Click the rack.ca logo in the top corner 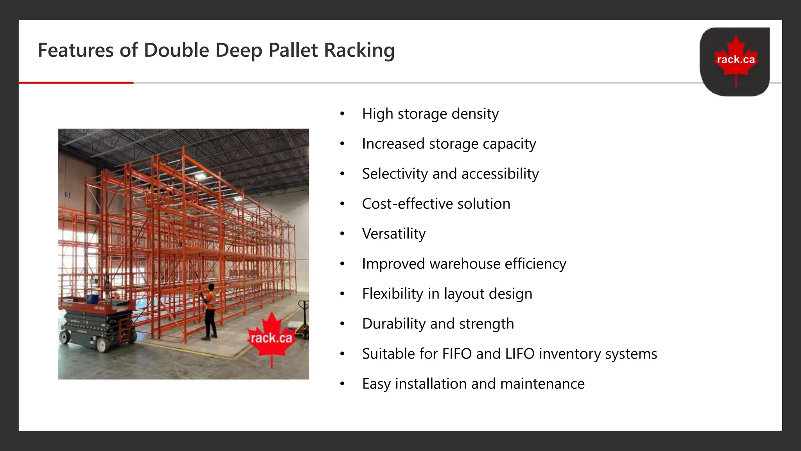pos(735,61)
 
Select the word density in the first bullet pos(475,114)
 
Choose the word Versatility pos(393,234)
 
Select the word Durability pos(394,324)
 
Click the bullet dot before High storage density pos(342,114)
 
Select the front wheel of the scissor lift pos(102,345)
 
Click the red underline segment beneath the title pos(76,83)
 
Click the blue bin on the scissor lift pos(92,298)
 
